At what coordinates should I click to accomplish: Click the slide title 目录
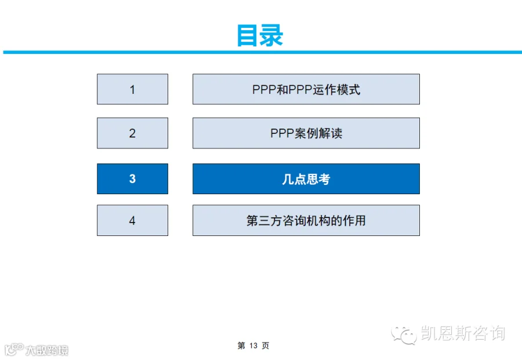tap(260, 35)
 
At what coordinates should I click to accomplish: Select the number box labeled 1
tap(132, 89)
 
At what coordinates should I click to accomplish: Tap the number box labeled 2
tap(132, 133)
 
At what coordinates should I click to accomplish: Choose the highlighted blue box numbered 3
tap(132, 179)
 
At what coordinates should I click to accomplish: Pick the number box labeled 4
tap(132, 220)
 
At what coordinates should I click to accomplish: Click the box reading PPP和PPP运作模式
tap(306, 89)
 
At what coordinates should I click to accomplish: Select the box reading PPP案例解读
tap(306, 133)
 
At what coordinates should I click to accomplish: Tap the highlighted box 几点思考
tap(306, 179)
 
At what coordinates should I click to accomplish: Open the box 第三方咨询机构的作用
tap(306, 220)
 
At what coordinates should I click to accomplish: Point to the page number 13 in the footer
tap(253, 346)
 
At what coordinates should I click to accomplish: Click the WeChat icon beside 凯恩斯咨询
tap(404, 334)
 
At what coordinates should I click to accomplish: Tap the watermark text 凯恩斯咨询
tap(463, 333)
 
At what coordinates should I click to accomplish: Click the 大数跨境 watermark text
tap(47, 350)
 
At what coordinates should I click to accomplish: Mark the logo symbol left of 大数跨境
tap(14, 350)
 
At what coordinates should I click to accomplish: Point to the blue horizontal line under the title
tap(262, 52)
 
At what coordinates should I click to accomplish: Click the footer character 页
tap(265, 346)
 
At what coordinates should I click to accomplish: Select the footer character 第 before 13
tap(241, 346)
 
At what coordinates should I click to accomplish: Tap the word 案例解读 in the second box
tap(318, 133)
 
